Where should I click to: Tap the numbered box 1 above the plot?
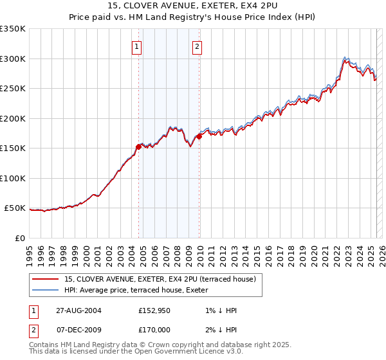pos(138,46)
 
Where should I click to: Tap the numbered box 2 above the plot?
pos(196,46)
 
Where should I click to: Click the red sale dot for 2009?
pos(199,136)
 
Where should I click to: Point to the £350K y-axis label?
pos(13,29)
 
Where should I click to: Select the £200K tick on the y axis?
pos(13,118)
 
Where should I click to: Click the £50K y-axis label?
pos(15,208)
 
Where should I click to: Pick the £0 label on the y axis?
pos(21,238)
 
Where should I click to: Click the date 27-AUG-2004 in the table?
pos(79,310)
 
